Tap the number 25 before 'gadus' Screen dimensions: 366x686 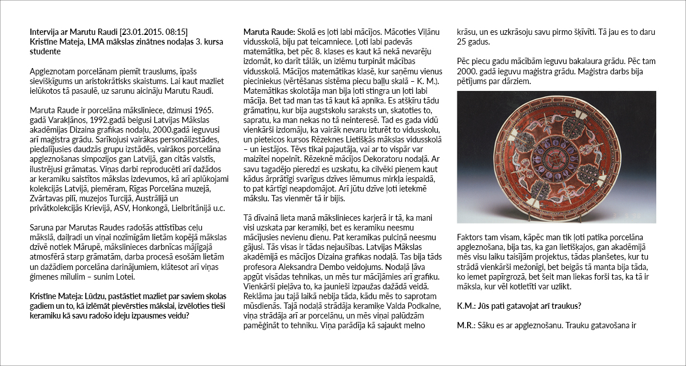click(463, 42)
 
